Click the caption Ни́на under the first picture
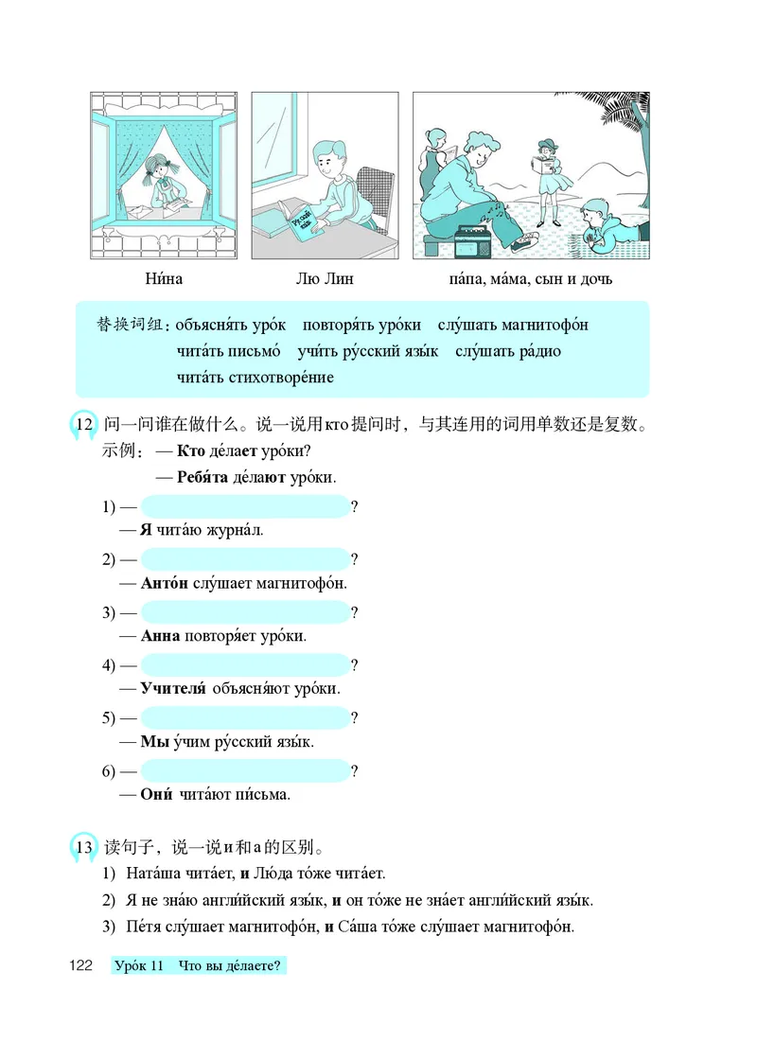[x=164, y=279]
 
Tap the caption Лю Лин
[x=325, y=279]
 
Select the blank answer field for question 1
[x=244, y=506]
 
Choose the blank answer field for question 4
[x=244, y=665]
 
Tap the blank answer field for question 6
[x=244, y=771]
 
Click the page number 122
[x=79, y=965]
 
